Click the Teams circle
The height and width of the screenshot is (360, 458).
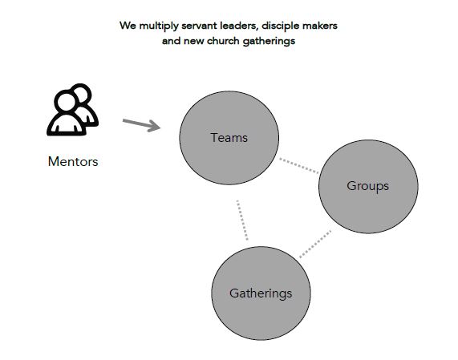click(229, 138)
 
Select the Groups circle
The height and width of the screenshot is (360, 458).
click(368, 187)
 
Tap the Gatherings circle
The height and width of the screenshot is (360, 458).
click(261, 293)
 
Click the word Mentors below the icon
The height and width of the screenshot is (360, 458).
click(73, 161)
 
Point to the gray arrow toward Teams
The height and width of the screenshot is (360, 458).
click(142, 125)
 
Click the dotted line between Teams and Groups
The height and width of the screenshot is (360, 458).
click(299, 165)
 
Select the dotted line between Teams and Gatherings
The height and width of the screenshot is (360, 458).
click(242, 220)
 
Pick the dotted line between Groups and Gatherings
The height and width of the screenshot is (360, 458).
click(315, 244)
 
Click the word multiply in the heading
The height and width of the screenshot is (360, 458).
click(159, 26)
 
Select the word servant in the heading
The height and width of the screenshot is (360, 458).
click(199, 26)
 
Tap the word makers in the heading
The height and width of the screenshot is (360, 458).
click(320, 26)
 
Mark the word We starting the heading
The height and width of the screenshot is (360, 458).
click(128, 26)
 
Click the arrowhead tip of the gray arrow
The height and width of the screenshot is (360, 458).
click(160, 127)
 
